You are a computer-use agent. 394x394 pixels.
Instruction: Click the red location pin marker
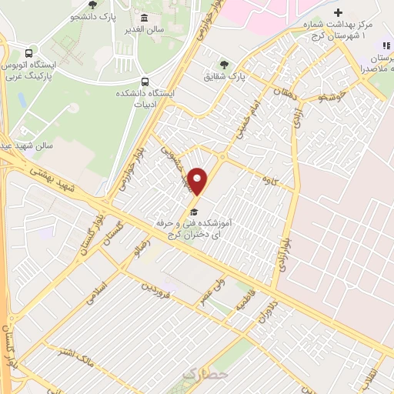click(199, 182)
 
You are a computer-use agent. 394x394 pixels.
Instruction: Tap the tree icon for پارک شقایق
click(224, 65)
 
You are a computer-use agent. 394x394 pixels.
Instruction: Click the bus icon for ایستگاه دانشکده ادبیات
click(145, 81)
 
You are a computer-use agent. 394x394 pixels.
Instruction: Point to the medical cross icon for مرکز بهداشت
click(339, 13)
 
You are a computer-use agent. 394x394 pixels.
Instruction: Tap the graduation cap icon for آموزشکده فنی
click(194, 212)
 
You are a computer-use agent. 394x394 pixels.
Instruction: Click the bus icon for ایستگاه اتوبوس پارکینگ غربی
click(28, 54)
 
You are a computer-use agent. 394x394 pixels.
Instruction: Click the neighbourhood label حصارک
click(205, 375)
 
